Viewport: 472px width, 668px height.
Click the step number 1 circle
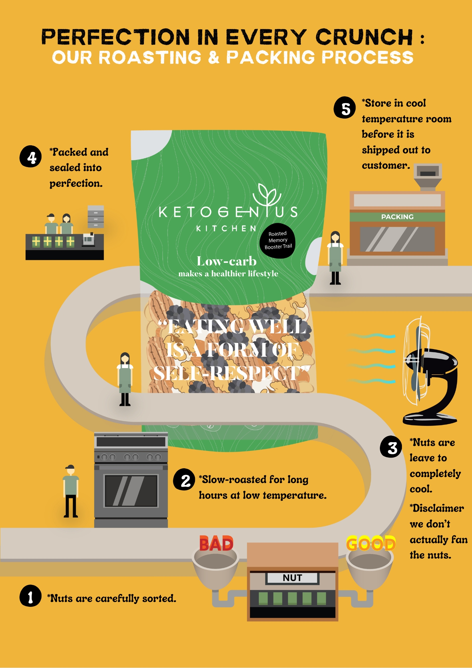click(30, 596)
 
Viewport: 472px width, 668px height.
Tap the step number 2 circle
click(184, 480)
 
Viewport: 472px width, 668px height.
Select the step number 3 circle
click(391, 447)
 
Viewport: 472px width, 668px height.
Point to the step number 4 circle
click(31, 156)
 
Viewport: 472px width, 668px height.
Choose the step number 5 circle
click(345, 108)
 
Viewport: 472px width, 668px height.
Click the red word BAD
click(216, 544)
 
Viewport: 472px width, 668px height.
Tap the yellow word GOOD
click(371, 543)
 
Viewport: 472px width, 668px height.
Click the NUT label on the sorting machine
click(292, 578)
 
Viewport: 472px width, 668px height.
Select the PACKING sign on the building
click(397, 217)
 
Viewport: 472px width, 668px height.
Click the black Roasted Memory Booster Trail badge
click(278, 240)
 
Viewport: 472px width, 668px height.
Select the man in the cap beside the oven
click(71, 491)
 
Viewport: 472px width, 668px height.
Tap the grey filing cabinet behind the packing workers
click(96, 217)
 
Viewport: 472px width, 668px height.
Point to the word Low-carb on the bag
click(227, 261)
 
